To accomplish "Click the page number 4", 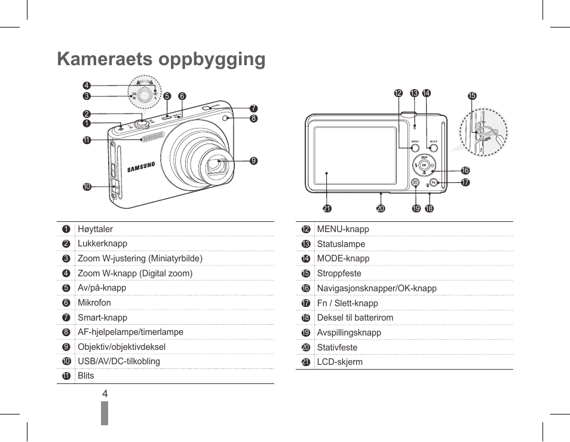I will (x=105, y=394).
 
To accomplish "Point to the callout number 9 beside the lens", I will (x=254, y=160).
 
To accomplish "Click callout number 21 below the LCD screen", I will (x=327, y=209).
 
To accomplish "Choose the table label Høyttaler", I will (x=95, y=229).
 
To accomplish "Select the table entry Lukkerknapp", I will (x=102, y=243).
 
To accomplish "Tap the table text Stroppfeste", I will (x=339, y=273).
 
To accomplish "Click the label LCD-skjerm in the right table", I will (x=339, y=362).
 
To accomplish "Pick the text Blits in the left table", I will (x=85, y=376).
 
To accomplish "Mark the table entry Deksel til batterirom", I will (x=355, y=318).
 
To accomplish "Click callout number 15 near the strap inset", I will (x=472, y=96).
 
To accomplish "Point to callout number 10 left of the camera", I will (x=87, y=187).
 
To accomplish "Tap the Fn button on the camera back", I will (x=434, y=182).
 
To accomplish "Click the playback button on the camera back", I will (x=415, y=183).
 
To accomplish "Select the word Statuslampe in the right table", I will (x=341, y=244).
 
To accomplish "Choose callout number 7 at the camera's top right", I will (x=254, y=108).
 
